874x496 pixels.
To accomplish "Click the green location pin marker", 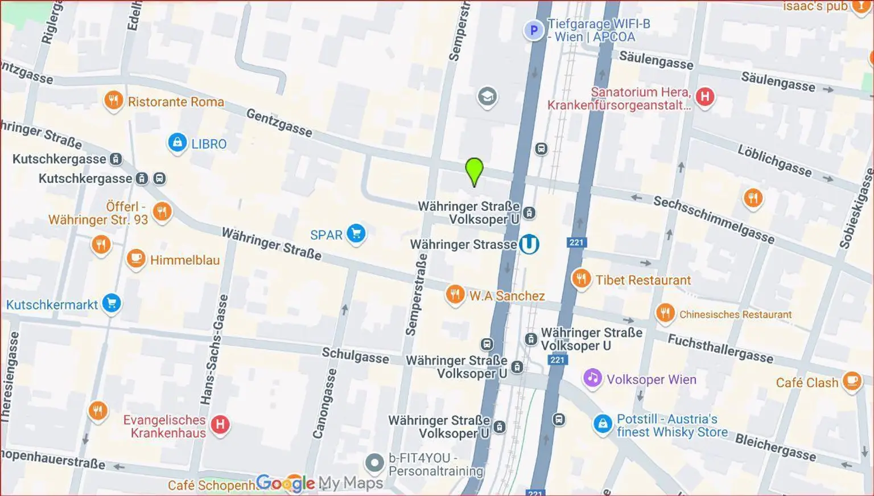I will pos(474,170).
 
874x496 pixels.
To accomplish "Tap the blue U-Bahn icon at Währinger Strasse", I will pos(529,244).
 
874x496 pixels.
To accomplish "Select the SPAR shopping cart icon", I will pos(356,233).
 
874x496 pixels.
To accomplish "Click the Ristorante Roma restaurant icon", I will pos(114,101).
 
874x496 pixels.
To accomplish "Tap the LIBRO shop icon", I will pos(178,142).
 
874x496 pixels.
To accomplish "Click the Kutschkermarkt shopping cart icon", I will pos(112,304).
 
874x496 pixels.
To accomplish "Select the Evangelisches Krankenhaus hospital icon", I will pos(220,424).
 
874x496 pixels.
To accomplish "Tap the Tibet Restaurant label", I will pos(643,280).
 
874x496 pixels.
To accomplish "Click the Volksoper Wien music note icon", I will pos(592,378).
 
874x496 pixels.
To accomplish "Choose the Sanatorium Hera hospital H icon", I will pos(704,96).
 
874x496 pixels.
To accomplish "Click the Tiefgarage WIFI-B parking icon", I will pos(533,30).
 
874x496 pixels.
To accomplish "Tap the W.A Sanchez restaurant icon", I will pos(455,295).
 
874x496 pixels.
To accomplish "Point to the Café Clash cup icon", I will pos(852,381).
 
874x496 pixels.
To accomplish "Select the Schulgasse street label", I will pos(356,356).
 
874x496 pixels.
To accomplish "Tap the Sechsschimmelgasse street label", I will pos(714,219).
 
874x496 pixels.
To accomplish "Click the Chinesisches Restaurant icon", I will pos(665,313).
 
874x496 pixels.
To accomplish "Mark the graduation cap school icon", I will pos(487,97).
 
